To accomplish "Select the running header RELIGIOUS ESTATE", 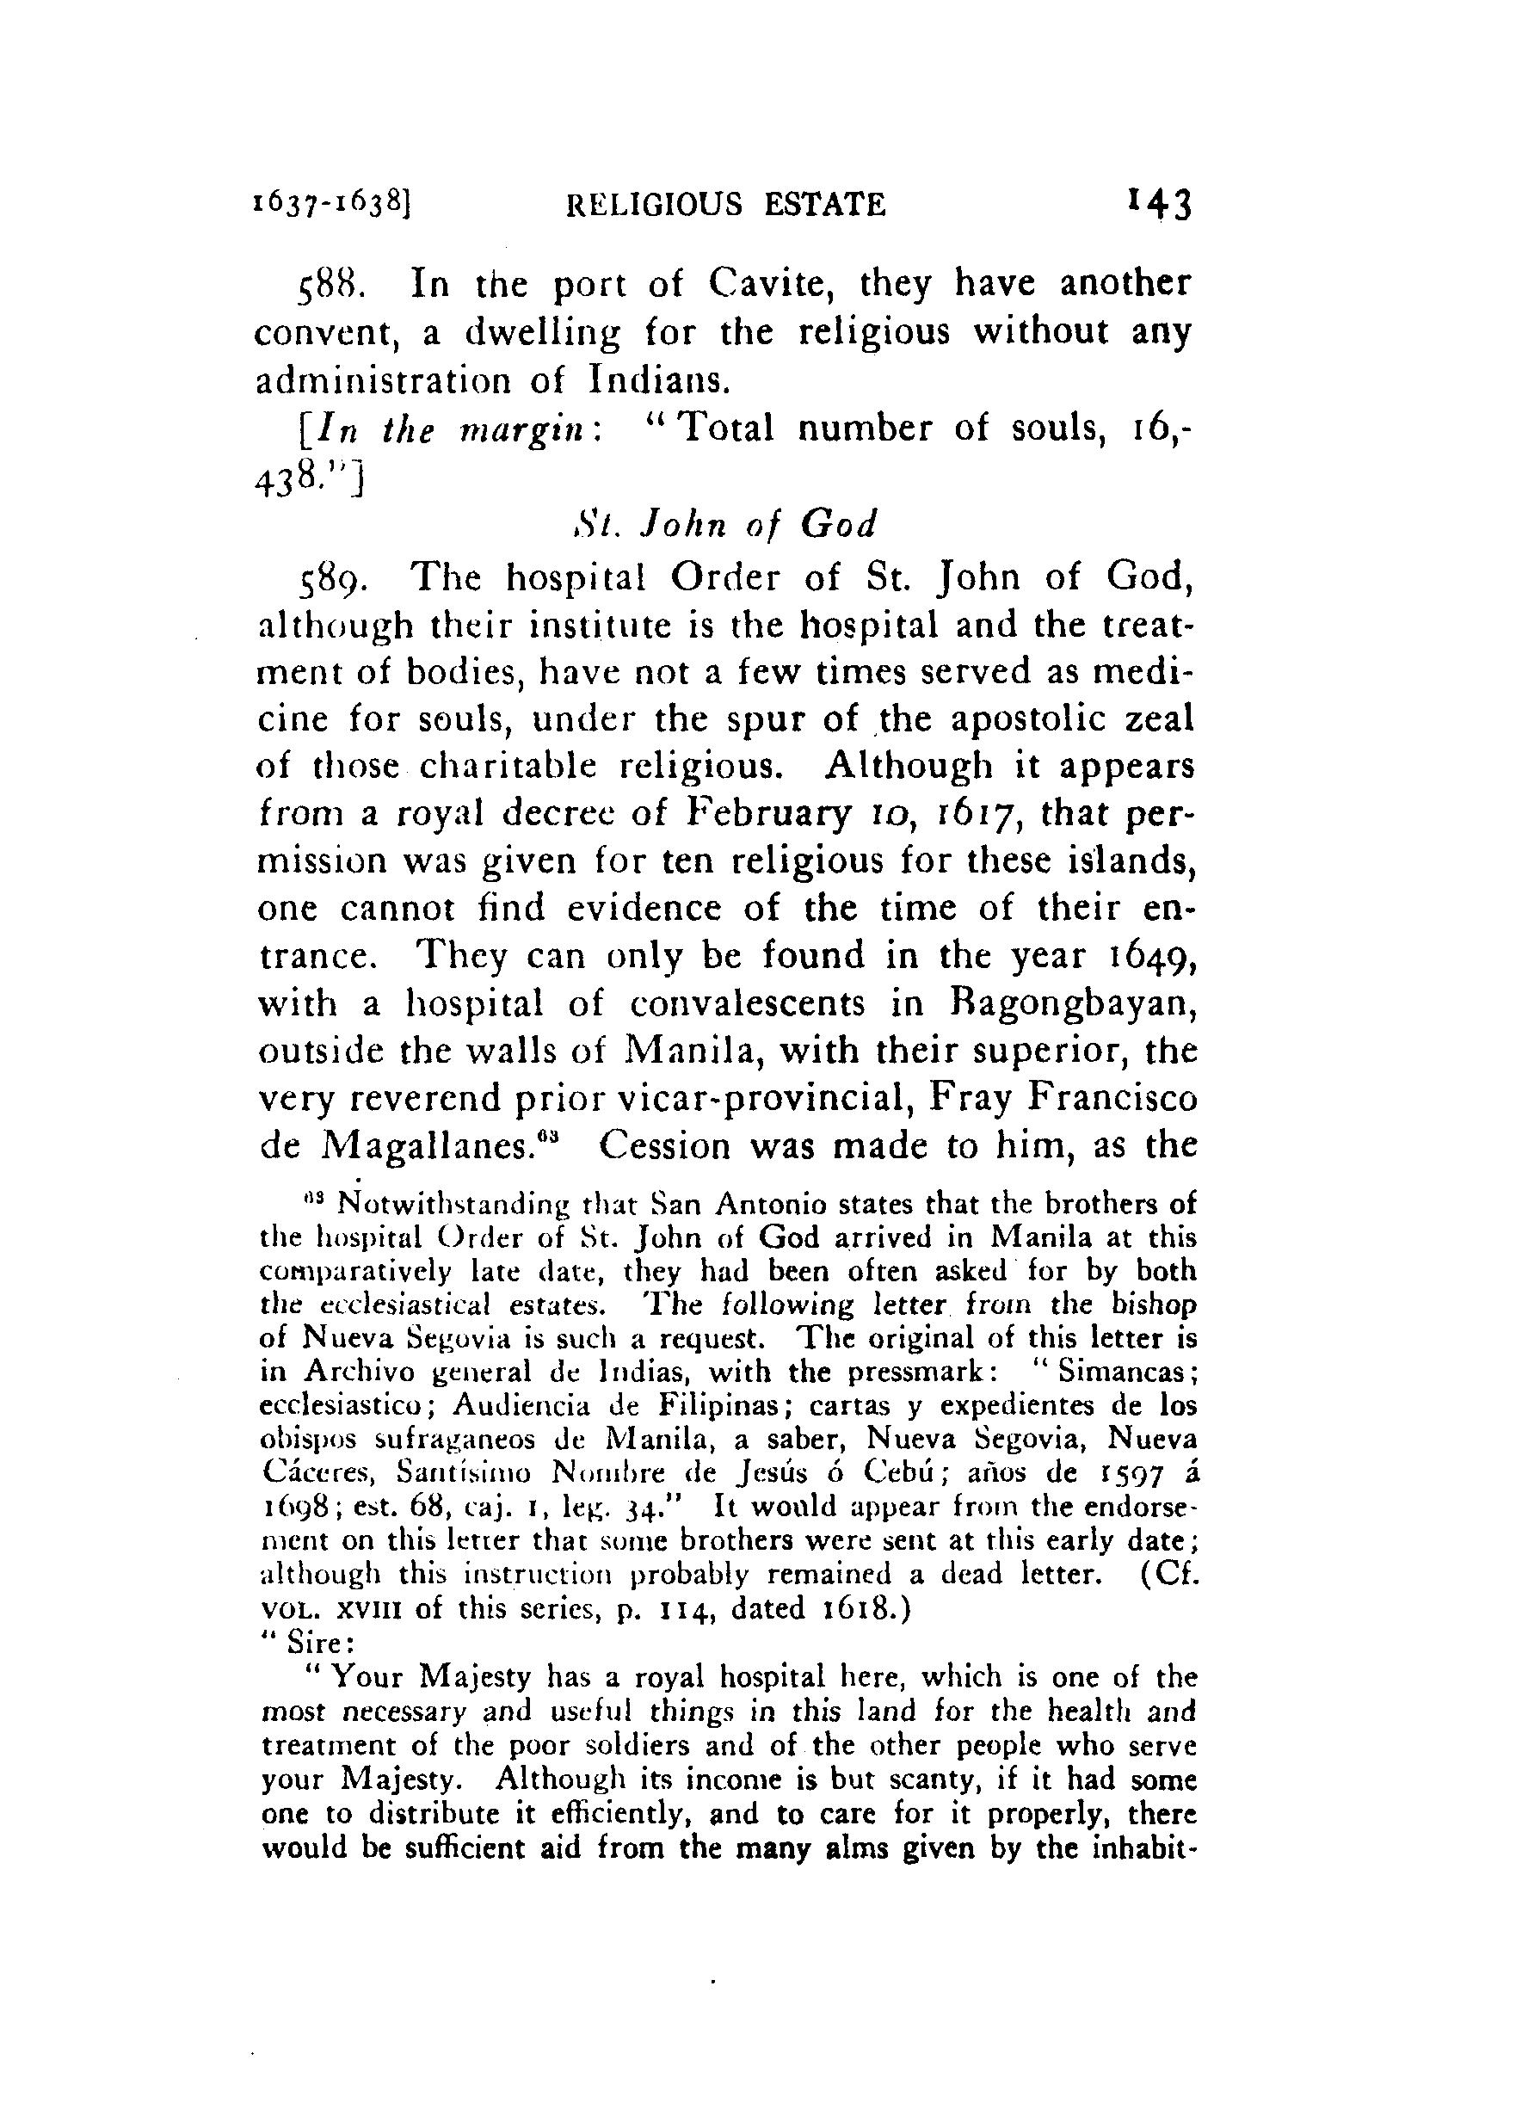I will pyautogui.click(x=726, y=205).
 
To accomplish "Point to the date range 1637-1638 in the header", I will pyautogui.click(x=330, y=203).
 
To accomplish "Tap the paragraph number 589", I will pyautogui.click(x=328, y=578).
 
